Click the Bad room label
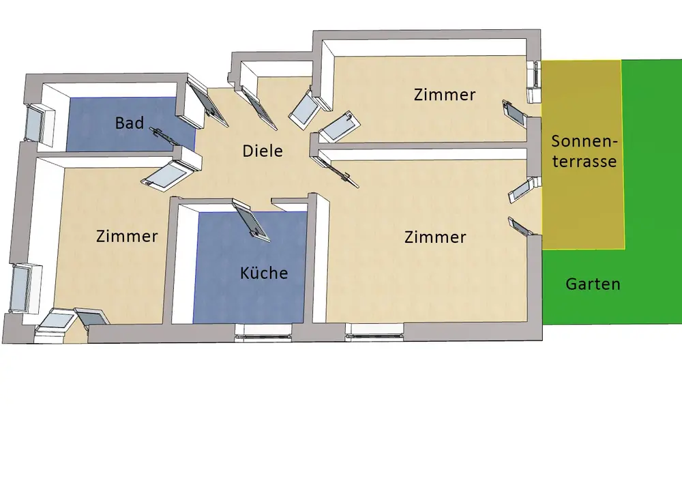pos(130,123)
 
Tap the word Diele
pos(263,151)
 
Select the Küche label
pos(264,273)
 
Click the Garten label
pos(593,284)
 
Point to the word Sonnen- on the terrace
pos(584,142)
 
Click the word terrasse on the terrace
pos(584,162)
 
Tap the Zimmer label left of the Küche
pos(127,236)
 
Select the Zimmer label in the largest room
pos(435,237)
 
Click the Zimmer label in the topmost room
pos(445,95)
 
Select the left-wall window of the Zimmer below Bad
pos(24,286)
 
